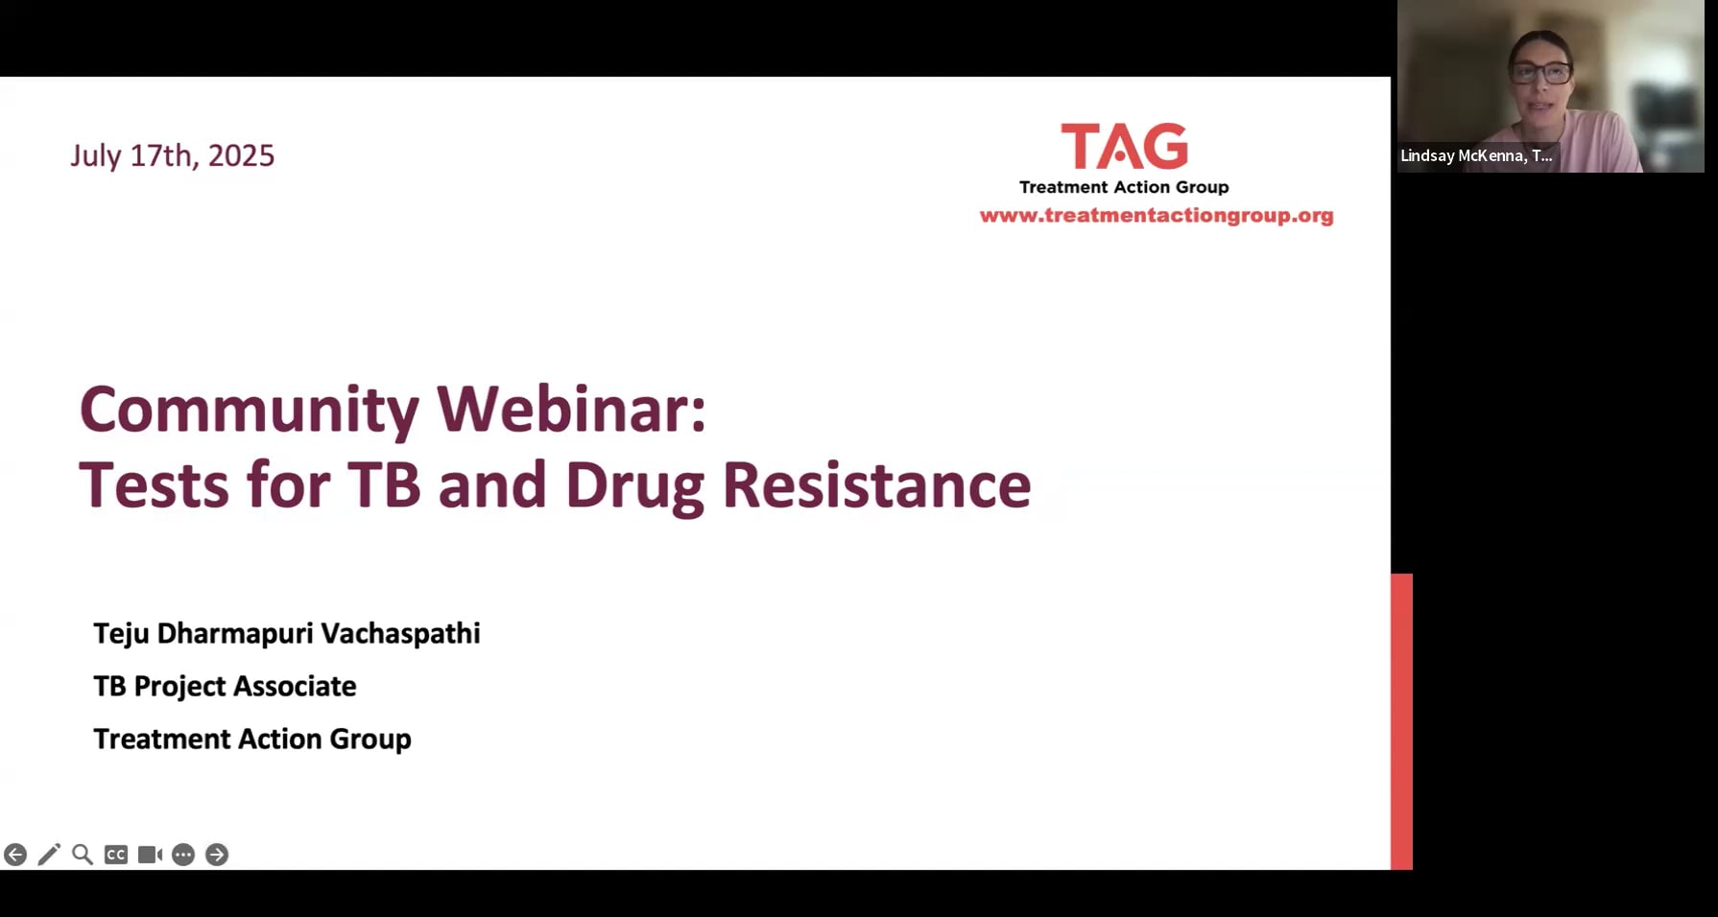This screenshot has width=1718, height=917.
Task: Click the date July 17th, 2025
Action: pyautogui.click(x=173, y=155)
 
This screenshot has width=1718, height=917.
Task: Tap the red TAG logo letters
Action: pyautogui.click(x=1124, y=147)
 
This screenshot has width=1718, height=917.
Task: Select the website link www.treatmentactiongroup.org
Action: pyautogui.click(x=1157, y=216)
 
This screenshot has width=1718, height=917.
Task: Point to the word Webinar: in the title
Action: pyautogui.click(x=572, y=409)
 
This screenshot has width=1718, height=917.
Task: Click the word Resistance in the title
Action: pyautogui.click(x=876, y=485)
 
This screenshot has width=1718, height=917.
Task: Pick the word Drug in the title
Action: pyautogui.click(x=635, y=487)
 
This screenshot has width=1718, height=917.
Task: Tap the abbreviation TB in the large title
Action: pyautogui.click(x=384, y=485)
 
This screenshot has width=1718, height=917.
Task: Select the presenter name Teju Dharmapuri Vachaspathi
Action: pyautogui.click(x=287, y=634)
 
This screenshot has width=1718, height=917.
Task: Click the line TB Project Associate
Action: pyautogui.click(x=225, y=687)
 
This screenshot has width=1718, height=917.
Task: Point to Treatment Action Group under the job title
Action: pyautogui.click(x=252, y=740)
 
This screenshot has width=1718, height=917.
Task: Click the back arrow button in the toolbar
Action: pyautogui.click(x=15, y=855)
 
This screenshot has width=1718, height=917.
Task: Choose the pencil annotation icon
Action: pyautogui.click(x=49, y=855)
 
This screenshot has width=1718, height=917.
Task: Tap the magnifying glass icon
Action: pyautogui.click(x=83, y=855)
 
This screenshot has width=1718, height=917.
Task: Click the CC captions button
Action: pyautogui.click(x=116, y=855)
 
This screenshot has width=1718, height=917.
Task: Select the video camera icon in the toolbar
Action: pyautogui.click(x=150, y=855)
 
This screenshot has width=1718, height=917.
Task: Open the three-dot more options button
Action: pyautogui.click(x=183, y=855)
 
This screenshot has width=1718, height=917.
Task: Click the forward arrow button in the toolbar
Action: pyautogui.click(x=217, y=855)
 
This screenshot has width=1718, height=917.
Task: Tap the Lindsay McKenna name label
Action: pyautogui.click(x=1476, y=155)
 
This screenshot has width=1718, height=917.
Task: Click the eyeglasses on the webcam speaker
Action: pyautogui.click(x=1540, y=71)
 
